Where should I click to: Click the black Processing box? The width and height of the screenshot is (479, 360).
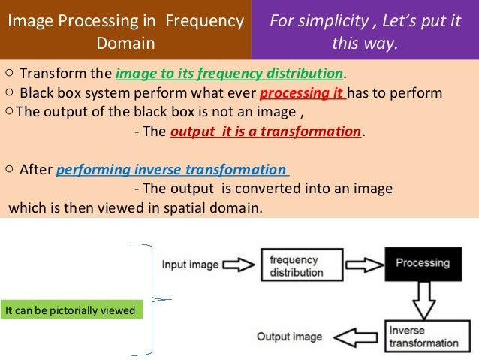tap(422, 263)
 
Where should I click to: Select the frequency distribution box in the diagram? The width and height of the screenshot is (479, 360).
tap(297, 265)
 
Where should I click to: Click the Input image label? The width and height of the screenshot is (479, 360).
tap(190, 265)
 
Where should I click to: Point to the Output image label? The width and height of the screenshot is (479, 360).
tap(289, 337)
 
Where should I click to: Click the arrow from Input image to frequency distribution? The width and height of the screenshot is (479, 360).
tap(240, 265)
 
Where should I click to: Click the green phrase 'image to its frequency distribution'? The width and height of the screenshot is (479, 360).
tap(229, 74)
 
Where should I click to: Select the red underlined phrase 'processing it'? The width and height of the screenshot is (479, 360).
tap(303, 93)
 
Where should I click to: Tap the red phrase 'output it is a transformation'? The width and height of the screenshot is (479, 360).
tap(266, 132)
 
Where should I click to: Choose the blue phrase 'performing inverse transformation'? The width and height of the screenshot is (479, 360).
tap(173, 168)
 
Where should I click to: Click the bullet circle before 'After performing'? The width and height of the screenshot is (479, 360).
tap(8, 168)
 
